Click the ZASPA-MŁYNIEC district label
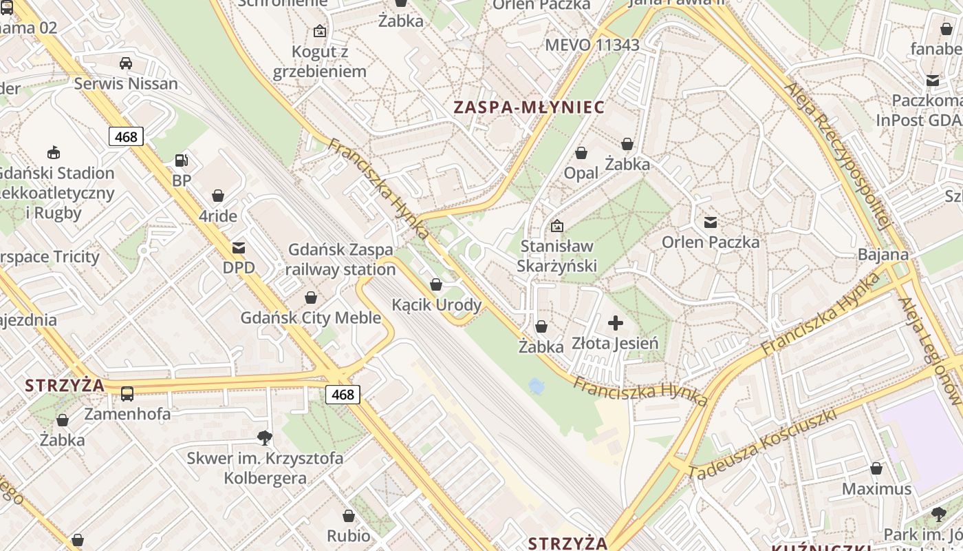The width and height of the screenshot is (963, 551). (x=528, y=107)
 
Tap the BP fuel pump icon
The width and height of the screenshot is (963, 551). (x=182, y=160)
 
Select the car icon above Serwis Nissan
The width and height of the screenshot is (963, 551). (x=126, y=63)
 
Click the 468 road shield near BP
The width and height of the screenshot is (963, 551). (x=126, y=136)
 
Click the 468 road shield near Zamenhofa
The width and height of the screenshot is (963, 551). (x=343, y=394)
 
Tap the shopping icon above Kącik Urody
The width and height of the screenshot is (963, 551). (x=435, y=284)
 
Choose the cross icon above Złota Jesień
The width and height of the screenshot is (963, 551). (x=616, y=322)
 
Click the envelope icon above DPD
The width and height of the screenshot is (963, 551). (x=239, y=247)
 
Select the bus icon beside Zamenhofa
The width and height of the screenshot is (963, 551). (x=127, y=394)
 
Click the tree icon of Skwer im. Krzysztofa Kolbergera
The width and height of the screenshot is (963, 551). (x=264, y=437)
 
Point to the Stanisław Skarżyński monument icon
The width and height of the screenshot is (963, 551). (x=557, y=225)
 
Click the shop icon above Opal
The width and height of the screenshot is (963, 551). (x=581, y=153)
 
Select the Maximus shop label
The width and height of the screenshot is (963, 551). (x=876, y=489)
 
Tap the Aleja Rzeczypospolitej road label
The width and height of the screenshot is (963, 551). (x=838, y=155)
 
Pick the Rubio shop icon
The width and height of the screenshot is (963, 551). (x=349, y=516)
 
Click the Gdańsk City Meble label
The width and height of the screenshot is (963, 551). (x=310, y=318)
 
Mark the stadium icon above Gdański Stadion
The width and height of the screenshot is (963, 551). (x=53, y=152)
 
